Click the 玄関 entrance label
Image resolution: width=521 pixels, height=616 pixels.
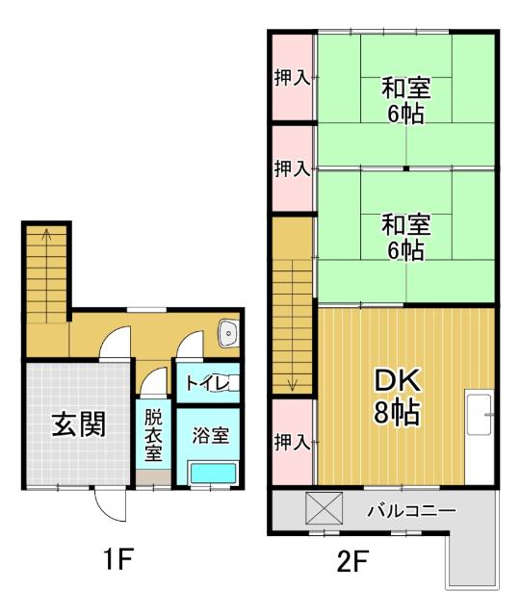[78, 423]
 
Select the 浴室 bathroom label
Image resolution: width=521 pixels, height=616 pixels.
[209, 435]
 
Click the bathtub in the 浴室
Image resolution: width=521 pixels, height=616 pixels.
[213, 473]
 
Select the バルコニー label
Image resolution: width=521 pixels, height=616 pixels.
[410, 509]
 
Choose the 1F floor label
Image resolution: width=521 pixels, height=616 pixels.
[119, 561]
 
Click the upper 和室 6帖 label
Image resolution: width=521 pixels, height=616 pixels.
[404, 100]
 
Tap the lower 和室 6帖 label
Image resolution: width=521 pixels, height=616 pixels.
[404, 237]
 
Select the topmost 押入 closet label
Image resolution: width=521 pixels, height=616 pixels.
[292, 78]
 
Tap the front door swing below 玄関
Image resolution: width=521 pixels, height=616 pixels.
[107, 503]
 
